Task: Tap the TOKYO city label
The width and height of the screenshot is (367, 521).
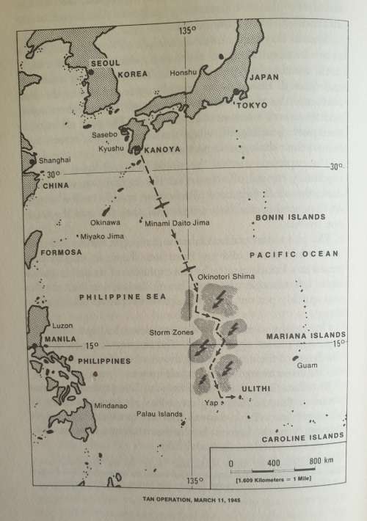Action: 251,106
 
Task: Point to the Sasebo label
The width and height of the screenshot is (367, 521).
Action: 105,134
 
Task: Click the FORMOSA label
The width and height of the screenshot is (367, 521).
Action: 62,252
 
